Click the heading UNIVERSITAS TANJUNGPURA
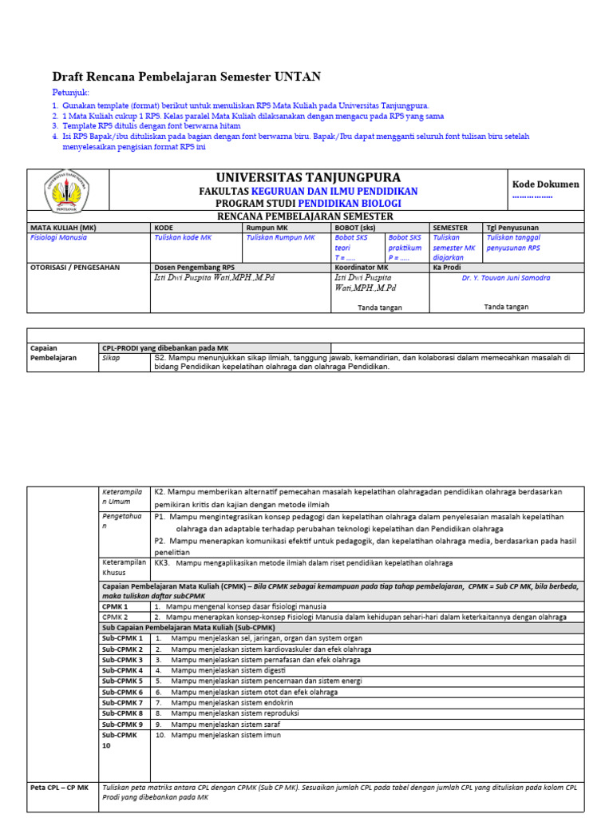point(308,177)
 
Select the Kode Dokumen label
point(545,185)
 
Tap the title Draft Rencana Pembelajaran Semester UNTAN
point(187,77)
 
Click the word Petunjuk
point(71,93)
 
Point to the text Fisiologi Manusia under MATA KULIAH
point(58,237)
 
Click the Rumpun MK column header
point(266,227)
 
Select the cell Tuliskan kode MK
point(183,237)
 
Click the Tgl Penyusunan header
point(512,227)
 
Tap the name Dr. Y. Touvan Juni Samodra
point(506,278)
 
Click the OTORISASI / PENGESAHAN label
point(75,268)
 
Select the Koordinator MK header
point(361,268)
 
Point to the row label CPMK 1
point(115,606)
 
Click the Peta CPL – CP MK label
point(60,787)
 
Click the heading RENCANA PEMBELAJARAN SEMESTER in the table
point(306,216)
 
